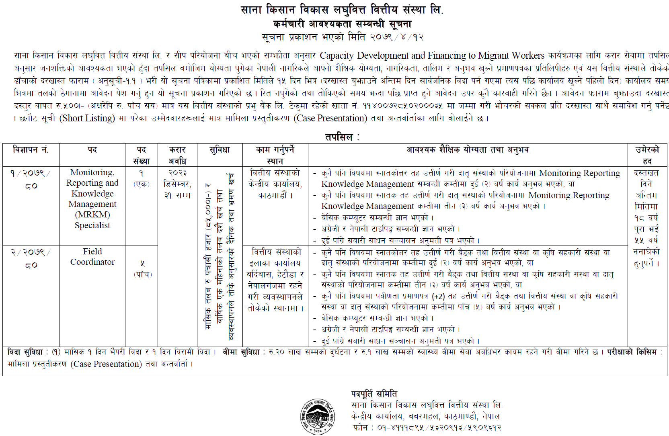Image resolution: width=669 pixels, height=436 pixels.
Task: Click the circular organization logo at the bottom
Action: click(318, 416)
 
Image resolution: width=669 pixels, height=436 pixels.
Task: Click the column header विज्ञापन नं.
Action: click(31, 150)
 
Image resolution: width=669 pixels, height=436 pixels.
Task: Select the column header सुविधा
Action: click(220, 150)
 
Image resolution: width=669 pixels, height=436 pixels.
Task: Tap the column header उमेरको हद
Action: click(647, 155)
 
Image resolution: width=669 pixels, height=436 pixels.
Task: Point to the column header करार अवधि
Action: click(177, 155)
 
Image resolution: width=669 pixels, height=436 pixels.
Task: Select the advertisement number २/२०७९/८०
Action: click(31, 258)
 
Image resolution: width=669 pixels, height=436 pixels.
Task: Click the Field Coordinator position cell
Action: click(92, 257)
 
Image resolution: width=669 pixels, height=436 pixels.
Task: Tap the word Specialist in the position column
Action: click(92, 225)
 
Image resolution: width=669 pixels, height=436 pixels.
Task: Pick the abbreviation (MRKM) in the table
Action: click(92, 215)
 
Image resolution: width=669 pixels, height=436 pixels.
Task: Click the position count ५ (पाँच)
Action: click(143, 269)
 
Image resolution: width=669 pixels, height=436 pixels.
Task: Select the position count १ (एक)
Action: click(142, 178)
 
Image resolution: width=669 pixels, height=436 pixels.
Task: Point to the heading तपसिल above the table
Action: click(342, 137)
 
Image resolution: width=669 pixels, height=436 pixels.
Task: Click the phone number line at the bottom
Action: click(427, 428)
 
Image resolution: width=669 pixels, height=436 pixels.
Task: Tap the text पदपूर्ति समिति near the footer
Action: click(374, 394)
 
